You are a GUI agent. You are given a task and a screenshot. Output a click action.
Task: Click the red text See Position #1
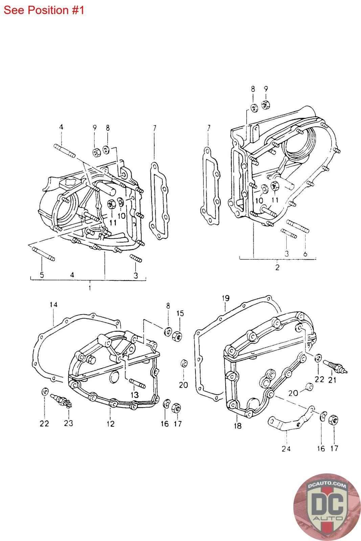[x=44, y=10]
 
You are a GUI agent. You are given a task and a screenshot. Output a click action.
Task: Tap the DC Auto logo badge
[x=327, y=507]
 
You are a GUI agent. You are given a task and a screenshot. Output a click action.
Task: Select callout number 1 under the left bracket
[x=90, y=288]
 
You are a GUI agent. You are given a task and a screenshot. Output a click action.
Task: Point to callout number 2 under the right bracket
[x=277, y=267]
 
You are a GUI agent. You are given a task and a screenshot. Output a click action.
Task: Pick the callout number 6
[x=305, y=253]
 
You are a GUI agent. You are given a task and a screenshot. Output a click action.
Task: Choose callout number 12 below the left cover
[x=111, y=423]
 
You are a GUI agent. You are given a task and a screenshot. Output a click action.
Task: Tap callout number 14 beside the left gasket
[x=53, y=305]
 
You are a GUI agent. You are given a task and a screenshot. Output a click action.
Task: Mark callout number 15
[x=180, y=313]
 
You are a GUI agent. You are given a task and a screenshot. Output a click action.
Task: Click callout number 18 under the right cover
[x=238, y=426]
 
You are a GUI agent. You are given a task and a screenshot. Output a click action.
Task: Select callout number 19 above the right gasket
[x=226, y=298]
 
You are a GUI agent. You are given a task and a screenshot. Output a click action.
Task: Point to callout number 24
[x=286, y=448]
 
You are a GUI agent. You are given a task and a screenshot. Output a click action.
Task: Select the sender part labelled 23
[x=61, y=399]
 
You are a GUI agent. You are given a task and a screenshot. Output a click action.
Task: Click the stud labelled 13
[x=137, y=384]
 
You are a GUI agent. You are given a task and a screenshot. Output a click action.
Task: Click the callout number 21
[x=332, y=380]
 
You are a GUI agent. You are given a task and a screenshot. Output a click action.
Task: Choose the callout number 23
[x=68, y=423]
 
